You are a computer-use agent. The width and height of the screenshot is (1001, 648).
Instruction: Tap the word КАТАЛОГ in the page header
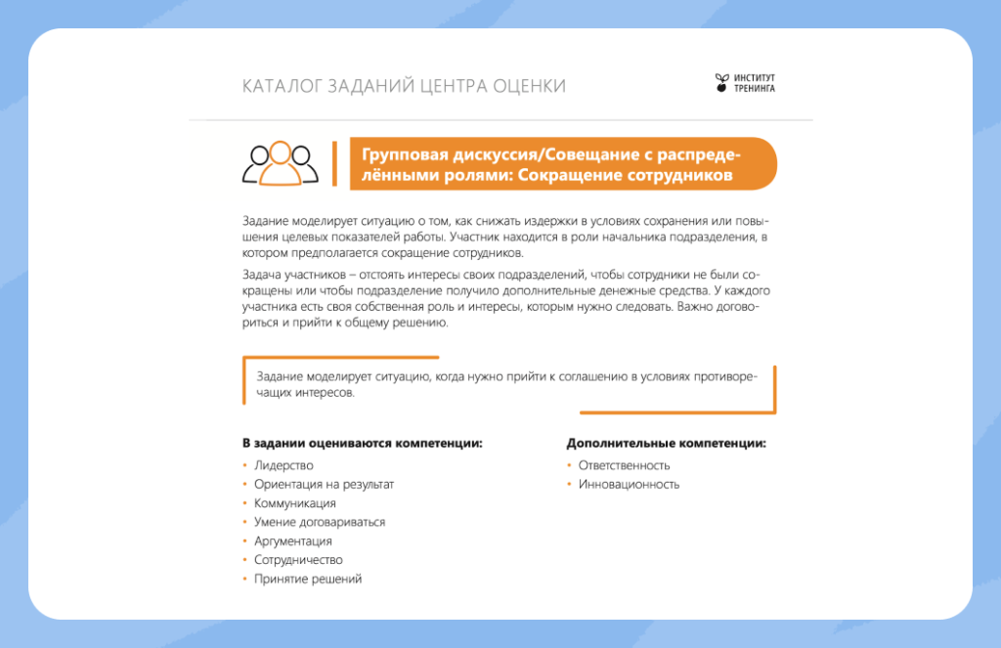279,87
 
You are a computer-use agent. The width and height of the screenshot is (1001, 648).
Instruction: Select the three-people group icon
281,163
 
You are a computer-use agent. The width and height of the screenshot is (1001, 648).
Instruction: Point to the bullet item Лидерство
283,465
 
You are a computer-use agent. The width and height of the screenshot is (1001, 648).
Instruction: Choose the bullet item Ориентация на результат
324,484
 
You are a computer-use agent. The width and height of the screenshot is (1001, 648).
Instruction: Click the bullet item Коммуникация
294,503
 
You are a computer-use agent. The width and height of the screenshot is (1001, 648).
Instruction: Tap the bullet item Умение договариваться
320,522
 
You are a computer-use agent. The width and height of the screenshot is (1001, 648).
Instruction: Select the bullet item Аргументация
293,540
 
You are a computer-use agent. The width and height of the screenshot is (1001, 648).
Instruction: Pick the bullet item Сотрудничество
298,560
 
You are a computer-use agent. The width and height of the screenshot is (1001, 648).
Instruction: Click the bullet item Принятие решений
308,579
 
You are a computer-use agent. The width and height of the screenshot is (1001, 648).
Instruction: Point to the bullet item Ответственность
624,465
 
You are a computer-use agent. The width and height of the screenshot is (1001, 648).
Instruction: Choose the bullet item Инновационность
629,484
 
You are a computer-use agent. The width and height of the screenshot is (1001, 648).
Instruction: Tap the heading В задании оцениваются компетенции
363,443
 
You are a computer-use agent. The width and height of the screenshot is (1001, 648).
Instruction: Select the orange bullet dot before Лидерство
244,465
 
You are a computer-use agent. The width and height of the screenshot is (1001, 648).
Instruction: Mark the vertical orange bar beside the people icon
334,163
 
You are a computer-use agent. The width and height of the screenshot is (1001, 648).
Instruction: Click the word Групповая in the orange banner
399,155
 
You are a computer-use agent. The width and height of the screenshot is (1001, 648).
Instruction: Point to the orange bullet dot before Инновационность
569,484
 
